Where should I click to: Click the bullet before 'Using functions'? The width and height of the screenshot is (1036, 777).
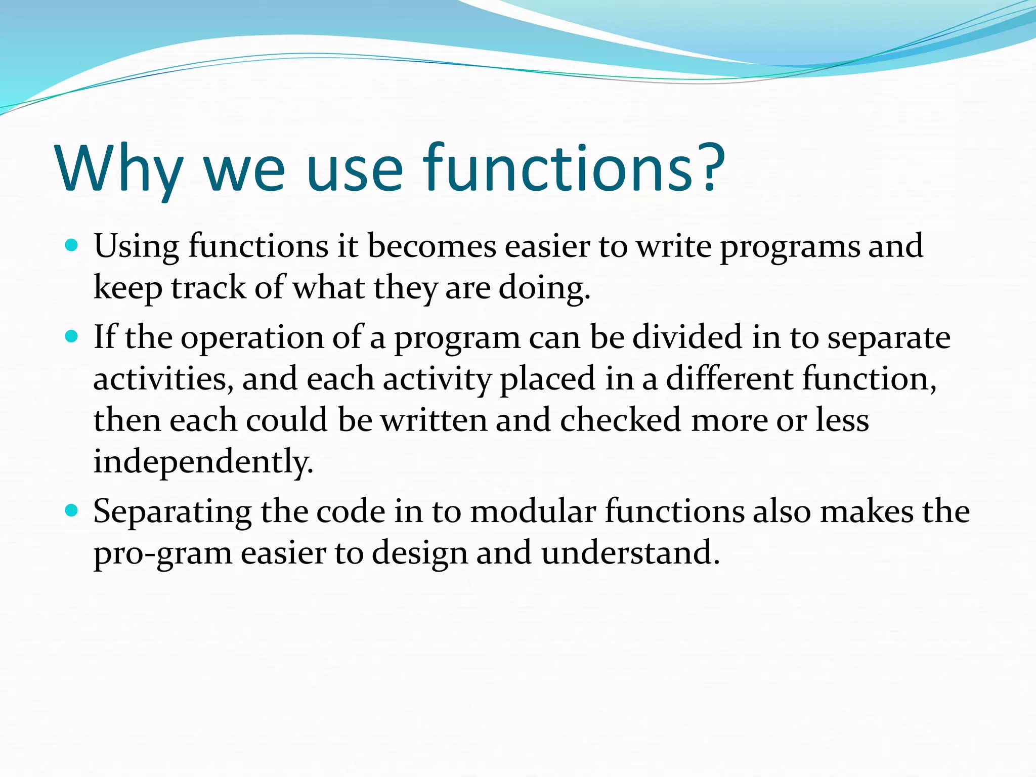coord(72,246)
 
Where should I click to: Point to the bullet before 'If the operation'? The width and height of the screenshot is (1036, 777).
coord(72,337)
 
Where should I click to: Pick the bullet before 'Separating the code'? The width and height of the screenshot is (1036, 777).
coord(72,511)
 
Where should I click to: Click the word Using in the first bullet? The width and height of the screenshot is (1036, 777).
coord(136,247)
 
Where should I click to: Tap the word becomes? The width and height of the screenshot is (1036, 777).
coord(431,246)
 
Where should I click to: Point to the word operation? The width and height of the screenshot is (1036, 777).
coord(252,338)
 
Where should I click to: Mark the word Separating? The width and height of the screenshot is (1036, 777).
coord(172,512)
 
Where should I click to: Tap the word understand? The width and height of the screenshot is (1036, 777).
coord(630,552)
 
